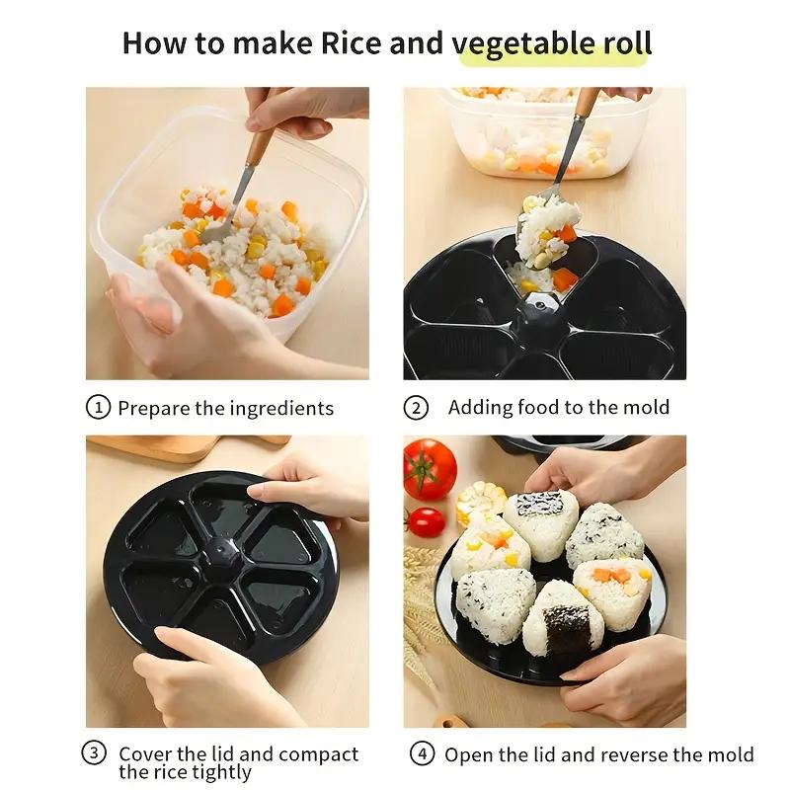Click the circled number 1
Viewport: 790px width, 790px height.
click(x=97, y=407)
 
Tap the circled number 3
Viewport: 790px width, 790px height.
click(x=94, y=753)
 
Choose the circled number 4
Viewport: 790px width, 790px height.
click(x=422, y=753)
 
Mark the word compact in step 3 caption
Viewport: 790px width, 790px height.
click(x=318, y=754)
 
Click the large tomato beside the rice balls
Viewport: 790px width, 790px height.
click(x=430, y=468)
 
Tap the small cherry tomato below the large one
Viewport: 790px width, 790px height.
click(x=426, y=522)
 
